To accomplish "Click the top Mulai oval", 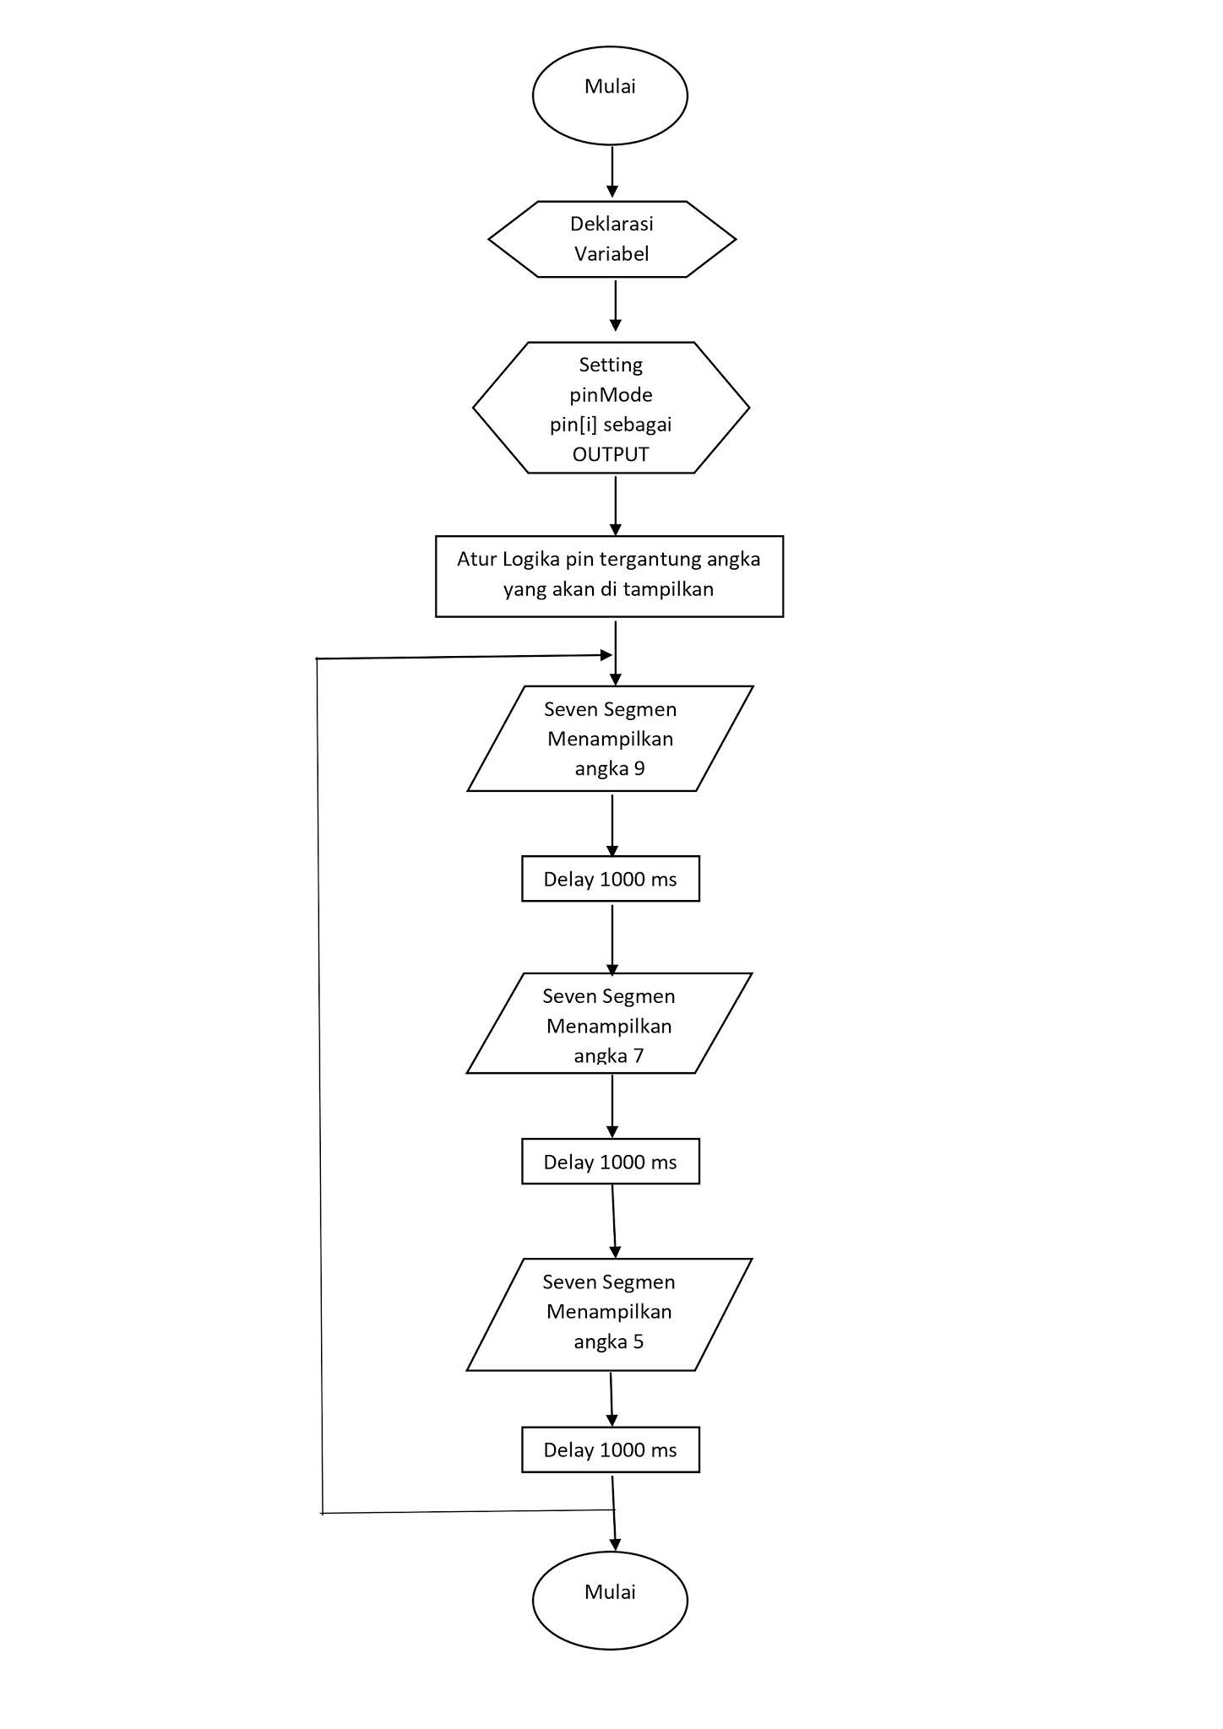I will [610, 95].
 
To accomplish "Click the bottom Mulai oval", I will [610, 1600].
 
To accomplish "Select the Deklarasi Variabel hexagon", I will [611, 239].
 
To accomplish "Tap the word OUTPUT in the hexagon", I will [611, 454].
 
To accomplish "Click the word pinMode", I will [611, 394].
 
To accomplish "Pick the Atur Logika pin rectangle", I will [609, 576].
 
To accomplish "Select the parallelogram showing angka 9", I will [610, 739].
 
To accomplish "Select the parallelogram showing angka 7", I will [609, 1023].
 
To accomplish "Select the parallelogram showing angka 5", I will [609, 1315].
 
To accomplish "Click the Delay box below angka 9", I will [610, 880].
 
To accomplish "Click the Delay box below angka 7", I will [610, 1162].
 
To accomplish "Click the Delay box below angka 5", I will [610, 1450].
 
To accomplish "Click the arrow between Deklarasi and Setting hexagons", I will [616, 306].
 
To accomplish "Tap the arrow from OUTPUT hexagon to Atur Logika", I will [616, 505].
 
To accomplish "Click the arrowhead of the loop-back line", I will [605, 655].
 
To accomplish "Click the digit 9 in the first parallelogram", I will [639, 768].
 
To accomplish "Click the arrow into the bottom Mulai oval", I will [614, 1528].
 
